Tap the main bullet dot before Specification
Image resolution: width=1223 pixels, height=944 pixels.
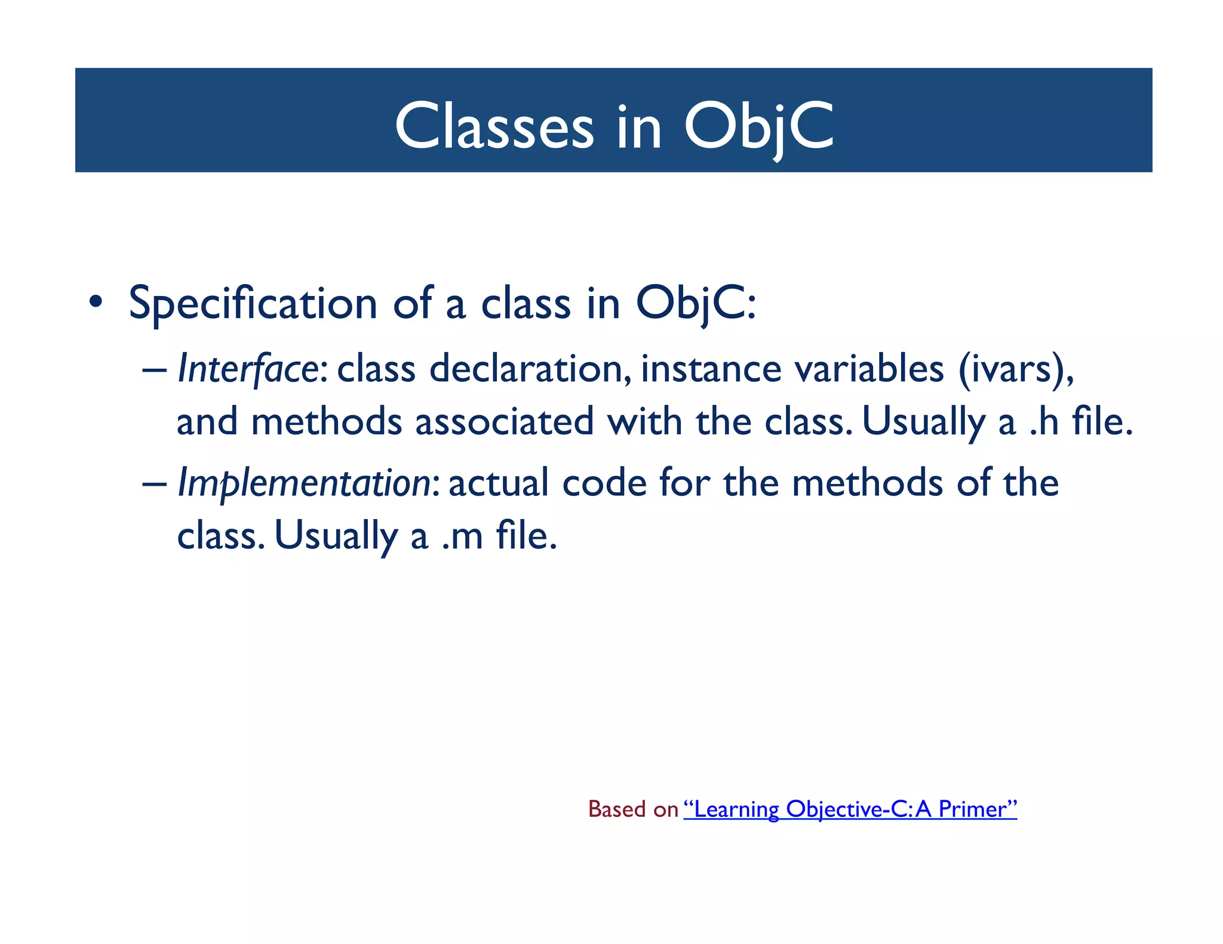click(95, 302)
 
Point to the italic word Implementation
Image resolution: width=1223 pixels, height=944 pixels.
click(304, 483)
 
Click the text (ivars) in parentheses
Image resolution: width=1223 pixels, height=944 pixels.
click(1015, 369)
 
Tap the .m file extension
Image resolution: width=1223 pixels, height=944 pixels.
click(462, 536)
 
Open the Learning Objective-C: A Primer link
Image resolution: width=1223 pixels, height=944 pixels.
click(850, 809)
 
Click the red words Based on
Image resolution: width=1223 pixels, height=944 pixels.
click(633, 809)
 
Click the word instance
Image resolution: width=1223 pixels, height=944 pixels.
click(711, 369)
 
